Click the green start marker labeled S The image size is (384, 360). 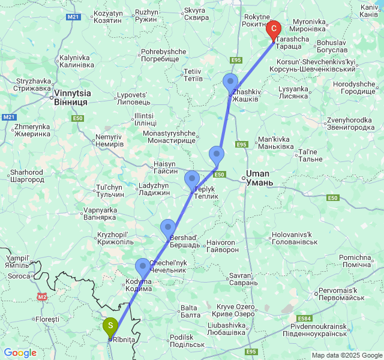110,326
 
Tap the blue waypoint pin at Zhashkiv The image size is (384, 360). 230,82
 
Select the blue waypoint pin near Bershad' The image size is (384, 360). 168,228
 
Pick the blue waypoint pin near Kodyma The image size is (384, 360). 143,266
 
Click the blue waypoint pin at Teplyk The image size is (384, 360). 192,179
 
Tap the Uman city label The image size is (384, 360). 259,178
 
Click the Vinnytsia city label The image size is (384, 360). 71,98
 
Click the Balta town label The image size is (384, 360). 190,311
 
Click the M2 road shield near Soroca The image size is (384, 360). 41,296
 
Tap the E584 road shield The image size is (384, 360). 304,318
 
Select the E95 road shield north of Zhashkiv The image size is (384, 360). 236,60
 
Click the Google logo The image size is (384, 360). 20,353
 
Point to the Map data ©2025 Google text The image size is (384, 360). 347,355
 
